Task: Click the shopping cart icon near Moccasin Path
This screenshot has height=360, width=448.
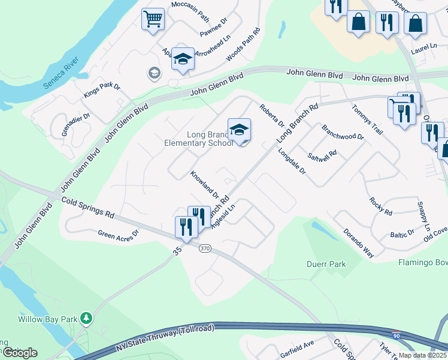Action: pyautogui.click(x=153, y=19)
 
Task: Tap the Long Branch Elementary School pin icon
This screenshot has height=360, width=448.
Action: pyautogui.click(x=239, y=130)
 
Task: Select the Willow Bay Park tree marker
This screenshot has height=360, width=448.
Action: pyautogui.click(x=86, y=317)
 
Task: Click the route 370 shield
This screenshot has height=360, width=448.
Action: pyautogui.click(x=205, y=248)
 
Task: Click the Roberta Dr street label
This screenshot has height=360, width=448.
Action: pyautogui.click(x=271, y=115)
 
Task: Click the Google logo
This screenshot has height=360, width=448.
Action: pyautogui.click(x=19, y=352)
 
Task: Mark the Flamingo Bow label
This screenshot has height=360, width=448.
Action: pyautogui.click(x=423, y=262)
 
